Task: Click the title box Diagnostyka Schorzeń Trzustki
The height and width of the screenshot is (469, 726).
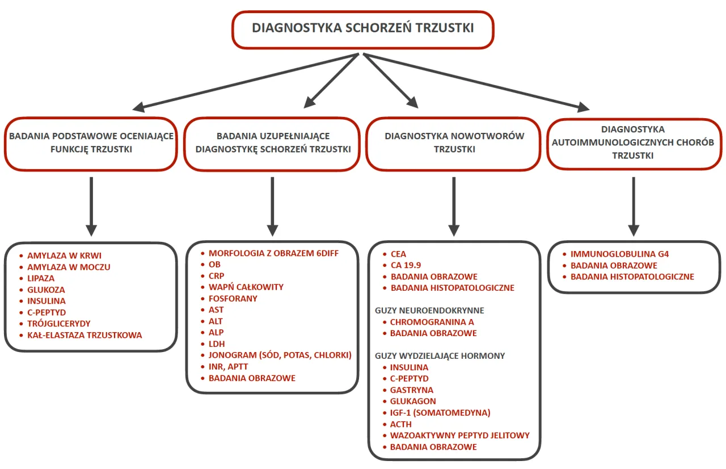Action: pyautogui.click(x=363, y=28)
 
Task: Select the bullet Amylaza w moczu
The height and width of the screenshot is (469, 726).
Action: pyautogui.click(x=69, y=267)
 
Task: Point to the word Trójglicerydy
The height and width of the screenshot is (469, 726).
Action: pyautogui.click(x=58, y=324)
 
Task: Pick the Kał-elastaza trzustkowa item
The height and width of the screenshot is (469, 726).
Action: pyautogui.click(x=85, y=335)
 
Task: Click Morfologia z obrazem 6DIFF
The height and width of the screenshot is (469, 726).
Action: pyautogui.click(x=273, y=253)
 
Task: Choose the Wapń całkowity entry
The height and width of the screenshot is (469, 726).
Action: pyautogui.click(x=246, y=287)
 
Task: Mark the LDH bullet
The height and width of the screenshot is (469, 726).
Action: pyautogui.click(x=216, y=344)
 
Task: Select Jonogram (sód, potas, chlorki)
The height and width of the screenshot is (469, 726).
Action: pyautogui.click(x=280, y=355)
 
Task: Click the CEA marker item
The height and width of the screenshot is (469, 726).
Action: pyautogui.click(x=398, y=254)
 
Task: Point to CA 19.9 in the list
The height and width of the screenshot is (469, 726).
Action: pyautogui.click(x=406, y=265)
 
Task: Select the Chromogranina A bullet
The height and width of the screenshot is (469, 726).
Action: pyautogui.click(x=432, y=322)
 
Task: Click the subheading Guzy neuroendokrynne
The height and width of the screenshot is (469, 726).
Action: pyautogui.click(x=429, y=311)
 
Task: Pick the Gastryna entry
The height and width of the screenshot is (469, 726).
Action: pyautogui.click(x=411, y=390)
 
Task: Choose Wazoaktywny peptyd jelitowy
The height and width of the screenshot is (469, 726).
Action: pyautogui.click(x=459, y=436)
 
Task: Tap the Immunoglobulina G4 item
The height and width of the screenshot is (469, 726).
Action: pyautogui.click(x=619, y=254)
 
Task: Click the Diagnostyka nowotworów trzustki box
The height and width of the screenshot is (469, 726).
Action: pyautogui.click(x=454, y=144)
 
